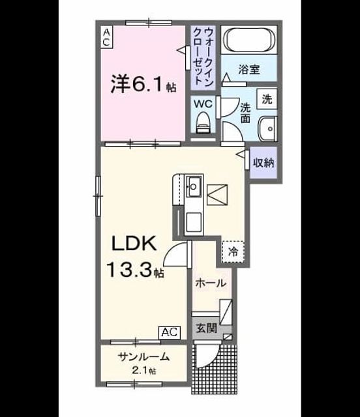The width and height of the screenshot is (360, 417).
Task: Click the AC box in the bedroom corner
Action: (x=106, y=37)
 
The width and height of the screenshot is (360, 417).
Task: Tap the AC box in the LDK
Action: (x=170, y=332)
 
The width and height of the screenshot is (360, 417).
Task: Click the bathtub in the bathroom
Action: (x=249, y=40)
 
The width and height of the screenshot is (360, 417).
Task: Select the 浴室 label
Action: (x=249, y=70)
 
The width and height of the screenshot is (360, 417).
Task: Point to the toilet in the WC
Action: (x=203, y=122)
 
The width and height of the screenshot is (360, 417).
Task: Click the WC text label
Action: (x=203, y=104)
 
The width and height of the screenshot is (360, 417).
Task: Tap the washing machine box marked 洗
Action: (x=267, y=99)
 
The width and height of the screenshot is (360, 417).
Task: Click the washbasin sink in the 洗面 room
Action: (x=268, y=129)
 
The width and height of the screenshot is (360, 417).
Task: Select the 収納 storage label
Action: (x=263, y=162)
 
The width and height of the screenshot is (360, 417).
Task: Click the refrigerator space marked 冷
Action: (x=233, y=252)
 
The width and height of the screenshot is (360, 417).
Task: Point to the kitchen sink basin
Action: (x=193, y=186)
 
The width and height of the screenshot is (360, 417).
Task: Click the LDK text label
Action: (x=134, y=244)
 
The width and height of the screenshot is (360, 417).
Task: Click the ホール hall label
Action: (x=211, y=283)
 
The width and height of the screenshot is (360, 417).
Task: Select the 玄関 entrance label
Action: (x=207, y=328)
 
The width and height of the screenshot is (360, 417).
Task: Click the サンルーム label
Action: (x=143, y=356)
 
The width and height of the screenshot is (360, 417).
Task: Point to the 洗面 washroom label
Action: (x=245, y=113)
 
